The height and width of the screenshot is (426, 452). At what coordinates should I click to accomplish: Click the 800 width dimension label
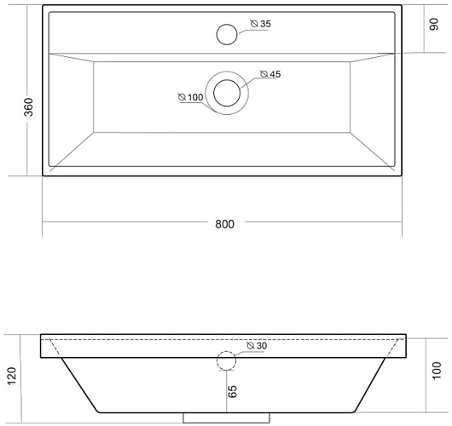point(224,224)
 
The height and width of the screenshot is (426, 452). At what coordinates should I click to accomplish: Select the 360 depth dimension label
point(28,107)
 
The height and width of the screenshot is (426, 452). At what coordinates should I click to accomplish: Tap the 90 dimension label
point(434,24)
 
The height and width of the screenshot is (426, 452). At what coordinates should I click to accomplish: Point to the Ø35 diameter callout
point(261,24)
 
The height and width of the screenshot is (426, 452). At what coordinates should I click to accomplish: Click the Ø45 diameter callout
point(270,74)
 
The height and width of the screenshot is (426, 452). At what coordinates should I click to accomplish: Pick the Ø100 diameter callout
point(190,97)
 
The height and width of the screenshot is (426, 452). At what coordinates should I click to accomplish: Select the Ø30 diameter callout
point(257,346)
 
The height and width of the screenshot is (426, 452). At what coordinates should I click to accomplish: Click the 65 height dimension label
point(232,391)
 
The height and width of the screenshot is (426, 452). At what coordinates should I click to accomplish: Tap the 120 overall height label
point(12,376)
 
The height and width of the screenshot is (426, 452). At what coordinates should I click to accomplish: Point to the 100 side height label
point(437,371)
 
